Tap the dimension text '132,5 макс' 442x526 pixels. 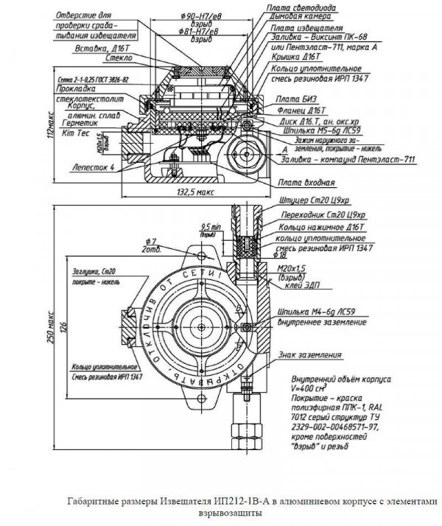[196, 190]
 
